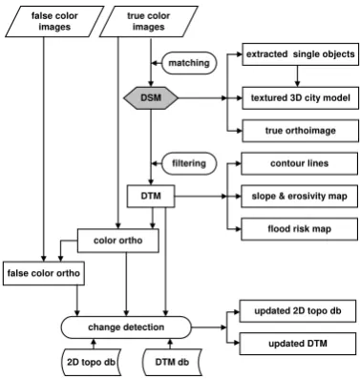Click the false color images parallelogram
coord(54,21)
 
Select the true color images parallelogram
coord(148,21)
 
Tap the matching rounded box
coord(189,63)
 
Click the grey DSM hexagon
coord(151,97)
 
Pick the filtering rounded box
coord(189,163)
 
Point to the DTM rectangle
coord(151,196)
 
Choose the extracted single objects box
coord(300,54)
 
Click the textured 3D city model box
coord(300,97)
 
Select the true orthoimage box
coord(300,131)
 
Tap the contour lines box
coord(299,163)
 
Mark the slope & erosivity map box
coord(299,197)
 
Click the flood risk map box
coord(299,229)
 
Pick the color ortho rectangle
coord(118,241)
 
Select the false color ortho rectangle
coord(44,273)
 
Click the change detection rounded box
coord(126,327)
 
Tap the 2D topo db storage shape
coord(91,362)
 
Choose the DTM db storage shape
coord(172,362)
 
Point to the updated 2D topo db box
coord(298,311)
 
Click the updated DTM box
coord(298,344)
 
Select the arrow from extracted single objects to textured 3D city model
coord(297,76)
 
